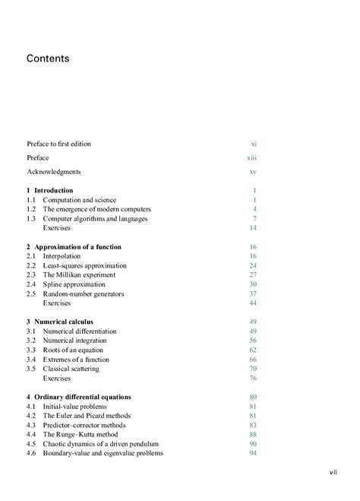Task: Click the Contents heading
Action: point(48,58)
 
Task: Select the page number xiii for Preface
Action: point(251,157)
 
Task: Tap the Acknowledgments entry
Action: point(53,172)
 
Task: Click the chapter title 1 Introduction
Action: point(50,190)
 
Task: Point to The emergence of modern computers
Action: point(96,209)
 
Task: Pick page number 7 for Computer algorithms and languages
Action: point(254,219)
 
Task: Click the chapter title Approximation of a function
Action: point(77,247)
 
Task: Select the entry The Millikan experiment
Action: point(79,275)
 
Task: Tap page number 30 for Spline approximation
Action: point(253,284)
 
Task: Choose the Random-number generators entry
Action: point(83,293)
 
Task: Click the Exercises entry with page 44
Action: point(56,303)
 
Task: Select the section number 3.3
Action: point(31,350)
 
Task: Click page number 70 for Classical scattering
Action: point(253,369)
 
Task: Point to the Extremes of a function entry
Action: point(76,360)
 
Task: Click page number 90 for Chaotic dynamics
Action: point(253,444)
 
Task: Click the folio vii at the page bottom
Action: point(333,473)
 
